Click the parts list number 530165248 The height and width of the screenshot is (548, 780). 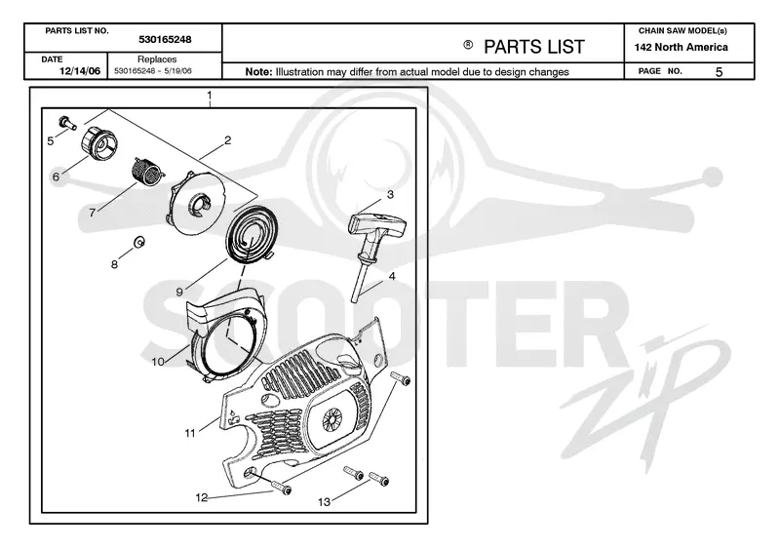[x=165, y=39]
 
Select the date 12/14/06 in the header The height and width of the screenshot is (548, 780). [x=80, y=71]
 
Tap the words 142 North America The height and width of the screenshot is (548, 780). [x=681, y=47]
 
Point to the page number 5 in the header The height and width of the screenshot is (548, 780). [x=719, y=72]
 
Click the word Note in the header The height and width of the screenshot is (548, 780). [x=258, y=71]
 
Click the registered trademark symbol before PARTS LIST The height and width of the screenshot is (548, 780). [x=468, y=45]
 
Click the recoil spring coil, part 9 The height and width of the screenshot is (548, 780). [x=250, y=234]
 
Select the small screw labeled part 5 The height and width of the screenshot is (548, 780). [x=67, y=122]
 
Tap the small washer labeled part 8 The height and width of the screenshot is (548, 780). [x=139, y=242]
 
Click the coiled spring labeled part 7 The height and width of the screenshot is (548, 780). [x=147, y=172]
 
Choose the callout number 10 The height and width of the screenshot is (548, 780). [x=158, y=362]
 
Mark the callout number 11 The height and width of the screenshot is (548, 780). [x=190, y=433]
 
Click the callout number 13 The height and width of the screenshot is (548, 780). [x=324, y=502]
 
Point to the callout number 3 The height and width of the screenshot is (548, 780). [x=390, y=194]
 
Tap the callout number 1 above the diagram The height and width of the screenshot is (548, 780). [x=210, y=95]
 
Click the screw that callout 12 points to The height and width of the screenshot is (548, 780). [x=282, y=487]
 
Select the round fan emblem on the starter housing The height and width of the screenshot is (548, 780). [x=332, y=420]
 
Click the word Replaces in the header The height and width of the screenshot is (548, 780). [x=157, y=59]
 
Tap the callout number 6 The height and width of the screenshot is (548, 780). [x=56, y=176]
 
